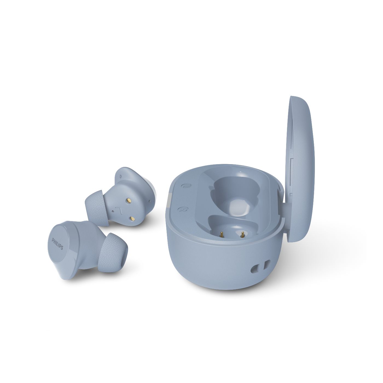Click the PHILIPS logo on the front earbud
[x=57, y=245]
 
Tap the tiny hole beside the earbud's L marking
[x=113, y=210]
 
